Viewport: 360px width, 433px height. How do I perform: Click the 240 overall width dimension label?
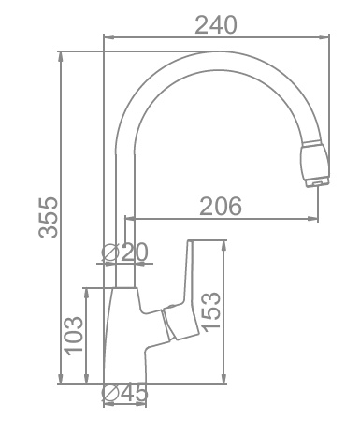pyautogui.click(x=217, y=24)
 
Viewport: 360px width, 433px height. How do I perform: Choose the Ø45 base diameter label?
pyautogui.click(x=125, y=394)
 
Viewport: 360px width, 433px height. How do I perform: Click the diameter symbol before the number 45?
pyautogui.click(x=108, y=394)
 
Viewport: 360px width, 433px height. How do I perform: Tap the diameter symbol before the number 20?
pyautogui.click(x=108, y=252)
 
